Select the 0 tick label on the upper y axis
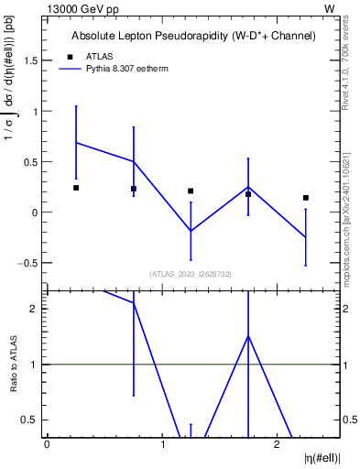click(x=34, y=213)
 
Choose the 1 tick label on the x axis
click(x=162, y=444)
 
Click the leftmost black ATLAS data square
click(x=76, y=188)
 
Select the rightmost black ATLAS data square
click(x=306, y=198)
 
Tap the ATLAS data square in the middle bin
click(x=191, y=191)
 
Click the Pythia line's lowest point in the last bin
click(x=306, y=238)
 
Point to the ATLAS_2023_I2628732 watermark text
click(x=190, y=273)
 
